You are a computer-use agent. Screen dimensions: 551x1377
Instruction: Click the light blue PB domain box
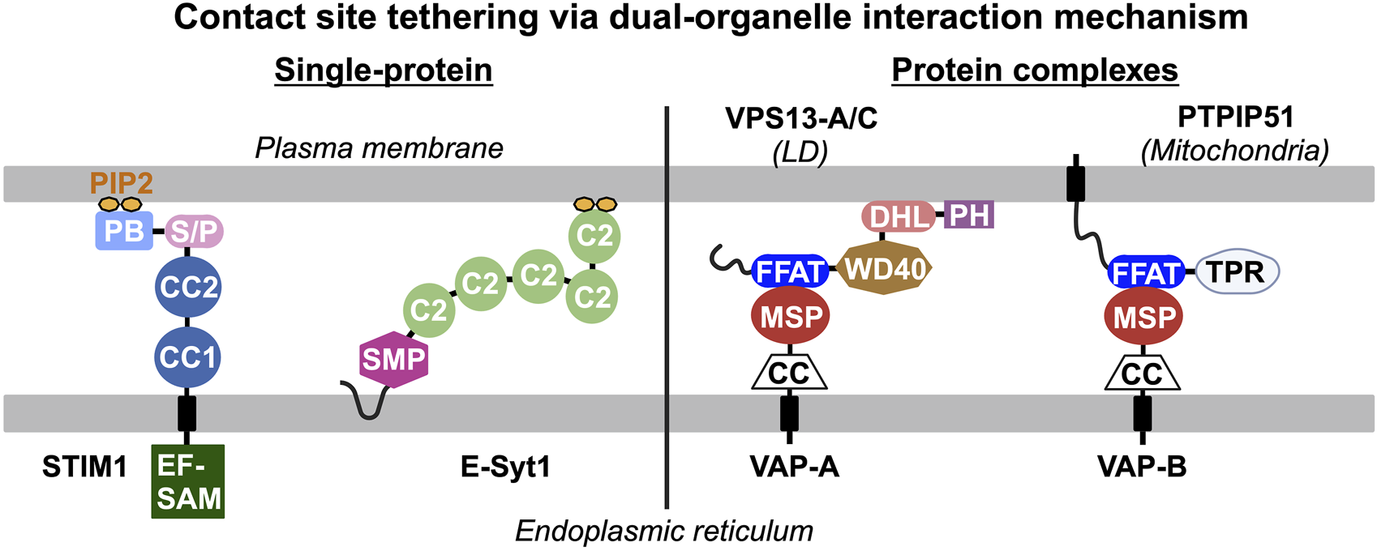pos(124,231)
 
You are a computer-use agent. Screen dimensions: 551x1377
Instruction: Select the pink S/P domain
pos(194,232)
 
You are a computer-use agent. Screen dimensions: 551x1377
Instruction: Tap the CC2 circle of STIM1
pos(188,287)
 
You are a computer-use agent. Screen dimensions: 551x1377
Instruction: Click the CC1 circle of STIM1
pos(187,357)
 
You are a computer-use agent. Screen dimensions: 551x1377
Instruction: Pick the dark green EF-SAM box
pos(188,481)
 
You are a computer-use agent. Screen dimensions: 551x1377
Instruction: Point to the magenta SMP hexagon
pos(393,359)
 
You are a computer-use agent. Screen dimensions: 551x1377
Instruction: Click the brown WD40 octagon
pos(885,269)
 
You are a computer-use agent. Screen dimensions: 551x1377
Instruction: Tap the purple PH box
pos(970,216)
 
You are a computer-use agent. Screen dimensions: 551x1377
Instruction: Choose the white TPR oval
pos(1236,272)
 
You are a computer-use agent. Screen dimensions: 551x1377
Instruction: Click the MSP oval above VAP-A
pos(791,316)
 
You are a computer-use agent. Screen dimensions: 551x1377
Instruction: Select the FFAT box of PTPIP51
pos(1144,273)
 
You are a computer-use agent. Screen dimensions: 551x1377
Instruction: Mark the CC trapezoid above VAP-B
pos(1142,374)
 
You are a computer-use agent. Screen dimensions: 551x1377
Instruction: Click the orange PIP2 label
pos(121,183)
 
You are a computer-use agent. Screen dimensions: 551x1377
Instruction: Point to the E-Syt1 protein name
pos(505,467)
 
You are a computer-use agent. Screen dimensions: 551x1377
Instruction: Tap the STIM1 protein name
pos(84,467)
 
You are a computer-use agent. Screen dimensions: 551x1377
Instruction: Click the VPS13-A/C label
pos(801,119)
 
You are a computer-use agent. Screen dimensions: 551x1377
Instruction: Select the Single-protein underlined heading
pos(383,70)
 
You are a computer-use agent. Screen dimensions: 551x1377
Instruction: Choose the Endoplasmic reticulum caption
pos(663,532)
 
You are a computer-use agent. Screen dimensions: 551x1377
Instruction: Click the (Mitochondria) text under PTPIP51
pos(1234,151)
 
